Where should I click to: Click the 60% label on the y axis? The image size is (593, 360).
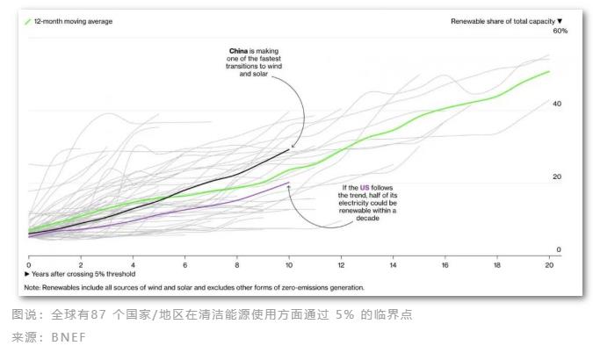[x=560, y=31]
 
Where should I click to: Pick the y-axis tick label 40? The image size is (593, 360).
[x=556, y=104]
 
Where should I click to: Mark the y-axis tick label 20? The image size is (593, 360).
[x=556, y=176]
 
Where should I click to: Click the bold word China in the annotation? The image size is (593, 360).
[x=240, y=51]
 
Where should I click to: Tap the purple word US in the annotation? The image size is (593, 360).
[x=365, y=187]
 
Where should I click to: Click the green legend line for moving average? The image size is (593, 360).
[x=26, y=19]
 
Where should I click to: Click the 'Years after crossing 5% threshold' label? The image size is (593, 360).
[x=76, y=274]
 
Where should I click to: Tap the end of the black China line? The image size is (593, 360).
[x=289, y=150]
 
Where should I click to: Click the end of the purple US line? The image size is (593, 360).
[x=289, y=183]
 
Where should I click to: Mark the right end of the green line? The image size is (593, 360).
[x=549, y=71]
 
